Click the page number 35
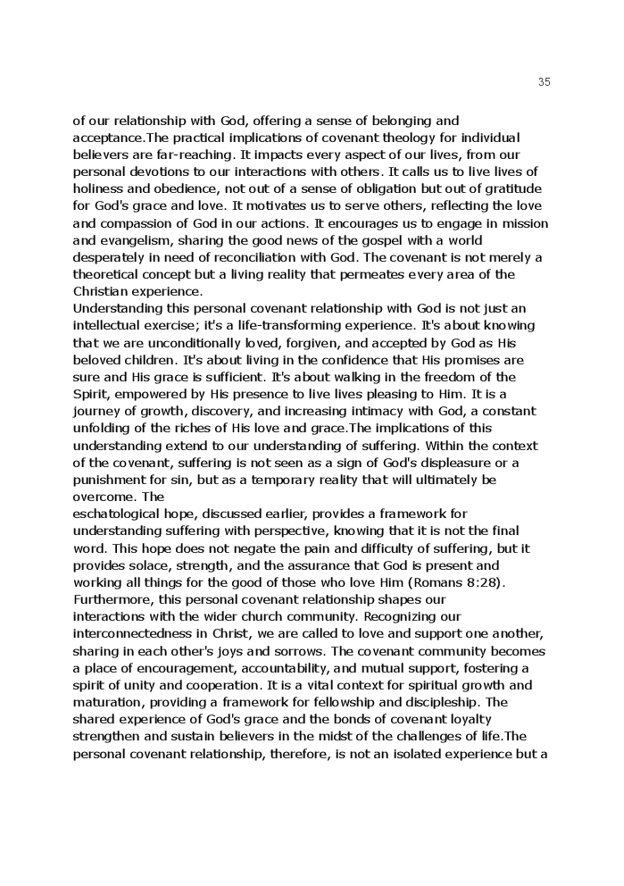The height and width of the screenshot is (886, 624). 545,82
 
